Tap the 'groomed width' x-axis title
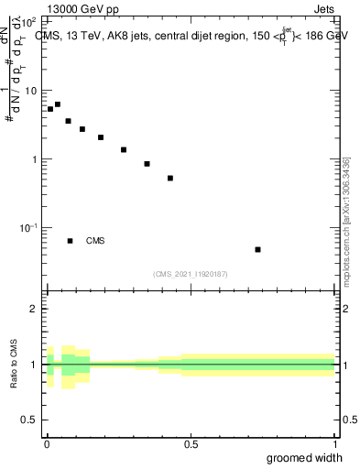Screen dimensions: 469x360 point(304,457)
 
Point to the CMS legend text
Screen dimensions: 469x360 point(95,241)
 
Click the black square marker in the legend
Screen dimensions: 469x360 point(71,241)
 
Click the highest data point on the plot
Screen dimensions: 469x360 point(58,104)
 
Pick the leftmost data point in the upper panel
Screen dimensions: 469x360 point(50,109)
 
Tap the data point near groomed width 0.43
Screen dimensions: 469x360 point(170,178)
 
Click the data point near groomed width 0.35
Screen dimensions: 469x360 point(147,164)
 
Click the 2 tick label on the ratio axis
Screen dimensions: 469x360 point(34,309)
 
